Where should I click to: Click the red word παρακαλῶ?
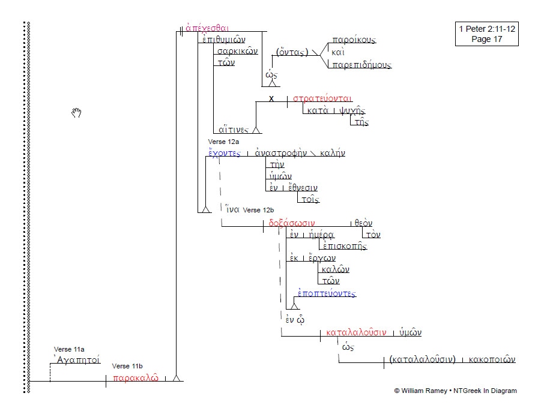click(x=136, y=378)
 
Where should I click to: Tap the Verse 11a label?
click(x=69, y=349)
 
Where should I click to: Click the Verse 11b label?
click(x=127, y=365)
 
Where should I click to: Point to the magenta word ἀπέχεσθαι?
click(x=207, y=28)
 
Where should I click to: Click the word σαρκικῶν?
click(x=237, y=51)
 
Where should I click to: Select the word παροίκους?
click(x=354, y=40)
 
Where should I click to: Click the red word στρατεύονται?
click(x=322, y=98)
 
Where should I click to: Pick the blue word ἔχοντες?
click(x=224, y=153)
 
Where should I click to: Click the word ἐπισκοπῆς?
click(x=344, y=246)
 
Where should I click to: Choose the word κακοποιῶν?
click(x=492, y=360)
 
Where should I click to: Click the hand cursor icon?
click(x=76, y=112)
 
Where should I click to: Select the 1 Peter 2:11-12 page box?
click(x=486, y=34)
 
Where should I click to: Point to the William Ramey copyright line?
click(x=455, y=391)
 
